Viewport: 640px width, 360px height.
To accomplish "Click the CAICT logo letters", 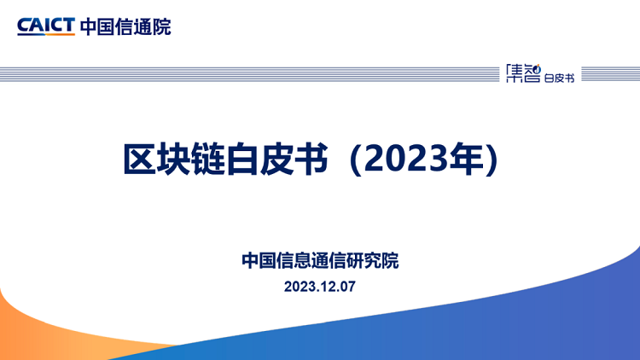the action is pos(46,26).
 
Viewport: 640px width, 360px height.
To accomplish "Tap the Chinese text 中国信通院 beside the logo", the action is pos(125,27).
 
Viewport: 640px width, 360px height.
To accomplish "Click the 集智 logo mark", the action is pos(523,73).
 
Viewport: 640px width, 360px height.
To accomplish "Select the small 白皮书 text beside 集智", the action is pos(559,78).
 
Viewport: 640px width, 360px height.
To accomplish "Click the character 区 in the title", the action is pos(140,159).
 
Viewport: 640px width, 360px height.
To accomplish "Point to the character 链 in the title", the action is pos(208,159).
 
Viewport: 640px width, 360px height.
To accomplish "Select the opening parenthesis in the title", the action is pos(356,160).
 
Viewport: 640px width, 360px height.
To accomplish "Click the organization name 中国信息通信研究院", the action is pos(320,260).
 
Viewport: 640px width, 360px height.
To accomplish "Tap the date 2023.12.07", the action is pos(320,287).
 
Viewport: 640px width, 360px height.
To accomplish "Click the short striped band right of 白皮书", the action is pos(611,74).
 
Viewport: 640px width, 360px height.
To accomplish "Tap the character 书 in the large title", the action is pos(311,159).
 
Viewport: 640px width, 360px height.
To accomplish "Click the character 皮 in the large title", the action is pos(276,159).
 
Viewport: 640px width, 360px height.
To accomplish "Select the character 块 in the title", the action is pos(174,159).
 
